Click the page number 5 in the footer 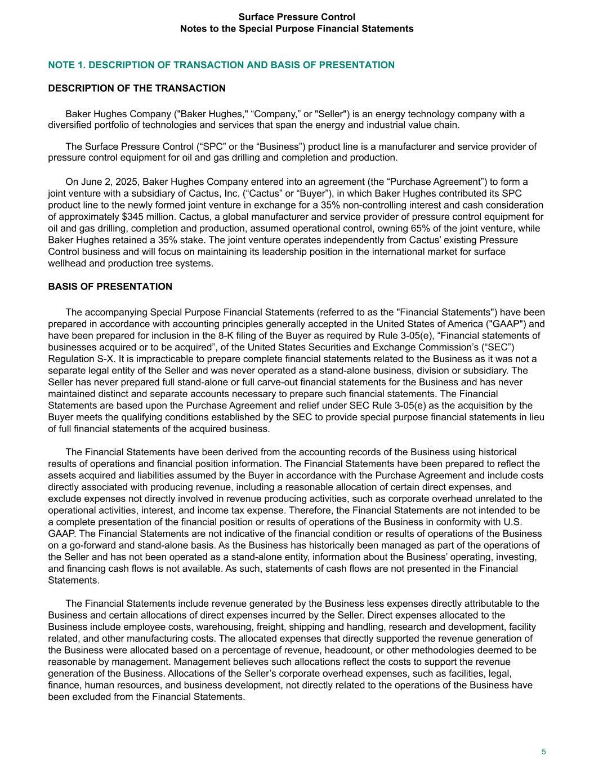pos(544,752)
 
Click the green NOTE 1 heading pos(221,65)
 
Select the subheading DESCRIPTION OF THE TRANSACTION pos(137,88)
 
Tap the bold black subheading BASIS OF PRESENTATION pos(110,287)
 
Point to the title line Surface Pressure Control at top pos(297,17)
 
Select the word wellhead pos(68,263)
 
